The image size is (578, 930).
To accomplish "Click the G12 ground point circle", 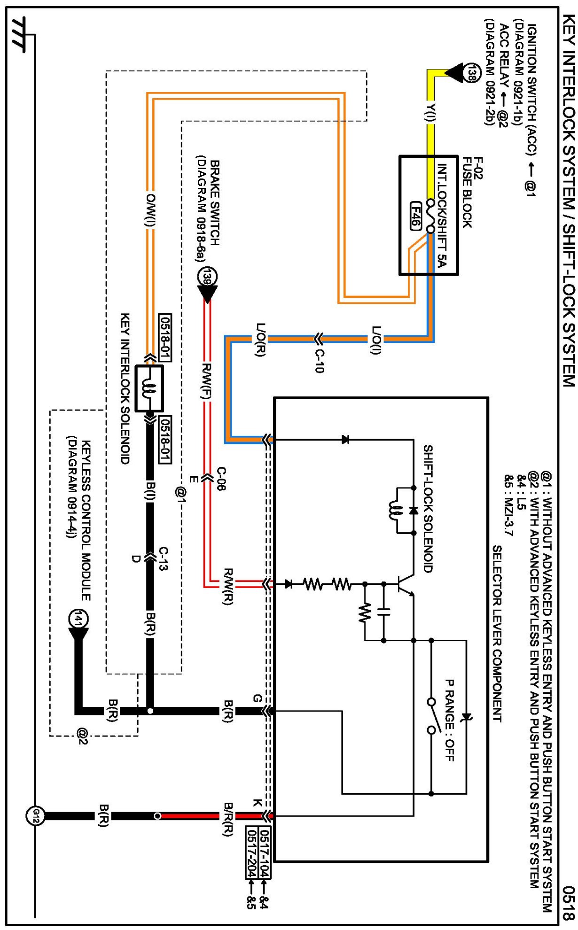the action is tap(35, 816).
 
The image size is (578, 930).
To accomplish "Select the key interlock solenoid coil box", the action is tap(149, 388).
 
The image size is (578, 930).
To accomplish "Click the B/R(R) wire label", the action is tap(228, 819).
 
